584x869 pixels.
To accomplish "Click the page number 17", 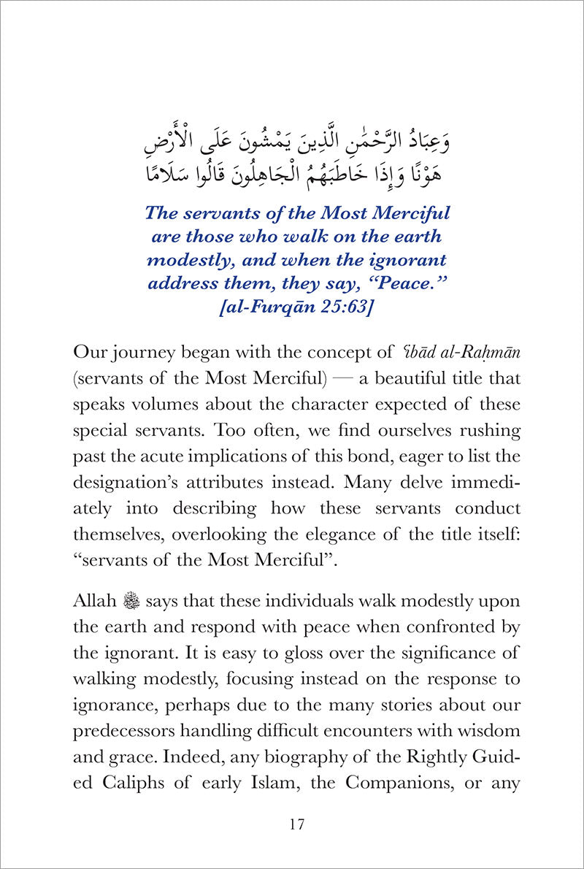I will (296, 825).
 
